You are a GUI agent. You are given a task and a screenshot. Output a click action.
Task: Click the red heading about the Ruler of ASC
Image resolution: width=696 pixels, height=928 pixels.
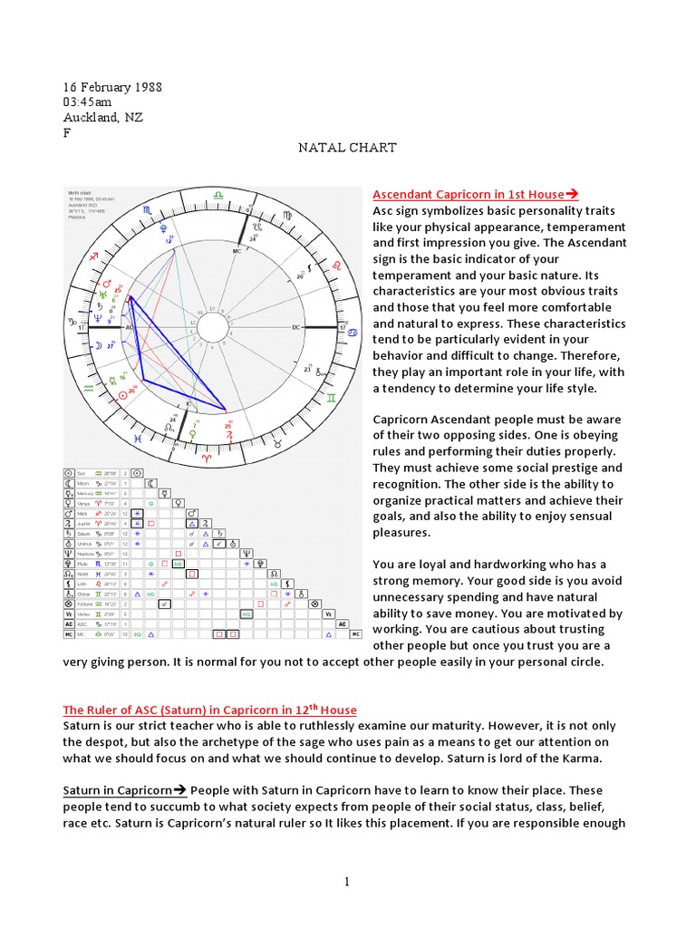pyautogui.click(x=209, y=710)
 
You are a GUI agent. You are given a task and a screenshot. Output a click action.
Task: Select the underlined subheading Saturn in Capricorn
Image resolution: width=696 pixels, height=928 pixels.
pyautogui.click(x=123, y=790)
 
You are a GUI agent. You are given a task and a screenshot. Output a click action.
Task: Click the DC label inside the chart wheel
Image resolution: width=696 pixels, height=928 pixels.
pyautogui.click(x=295, y=326)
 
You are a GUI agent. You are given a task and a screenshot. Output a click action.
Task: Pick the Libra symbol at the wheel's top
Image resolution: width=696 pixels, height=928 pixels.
pyautogui.click(x=218, y=193)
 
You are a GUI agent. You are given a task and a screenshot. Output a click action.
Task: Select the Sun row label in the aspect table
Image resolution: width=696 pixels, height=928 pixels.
pyautogui.click(x=82, y=473)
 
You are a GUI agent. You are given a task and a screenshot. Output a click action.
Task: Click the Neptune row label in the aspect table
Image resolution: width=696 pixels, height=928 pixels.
pyautogui.click(x=85, y=553)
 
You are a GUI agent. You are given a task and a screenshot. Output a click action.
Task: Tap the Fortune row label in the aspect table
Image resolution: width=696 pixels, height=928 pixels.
pyautogui.click(x=85, y=603)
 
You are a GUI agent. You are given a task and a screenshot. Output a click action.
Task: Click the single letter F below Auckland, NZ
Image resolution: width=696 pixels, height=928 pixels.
pyautogui.click(x=66, y=132)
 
